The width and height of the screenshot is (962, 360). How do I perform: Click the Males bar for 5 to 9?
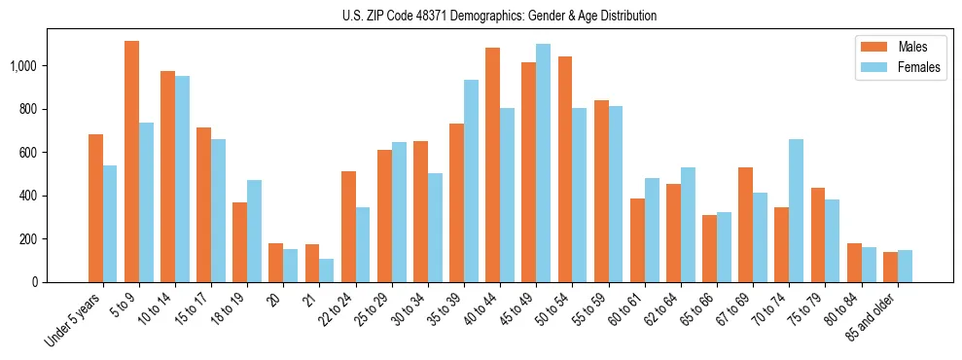131,162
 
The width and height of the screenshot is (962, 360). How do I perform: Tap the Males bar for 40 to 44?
492,165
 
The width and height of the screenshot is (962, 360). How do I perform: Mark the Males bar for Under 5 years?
95,208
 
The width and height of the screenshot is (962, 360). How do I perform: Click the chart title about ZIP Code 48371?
499,16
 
